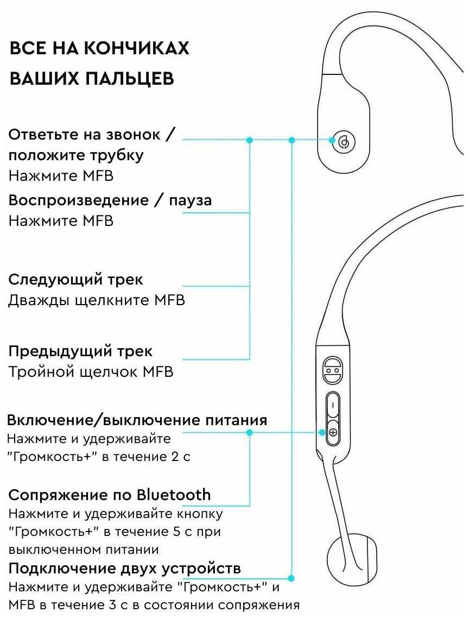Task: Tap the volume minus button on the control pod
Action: point(333,405)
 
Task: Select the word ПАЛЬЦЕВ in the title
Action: point(128,79)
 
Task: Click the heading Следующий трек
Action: point(75,280)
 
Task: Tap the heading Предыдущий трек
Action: point(80,351)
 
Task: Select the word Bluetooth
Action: point(173,495)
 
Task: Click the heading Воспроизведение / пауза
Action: point(110,200)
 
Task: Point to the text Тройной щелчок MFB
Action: point(91,372)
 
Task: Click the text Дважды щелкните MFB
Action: point(96,300)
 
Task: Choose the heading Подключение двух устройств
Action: point(124,569)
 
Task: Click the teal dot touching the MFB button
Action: point(332,140)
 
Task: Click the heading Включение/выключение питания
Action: point(137,420)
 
